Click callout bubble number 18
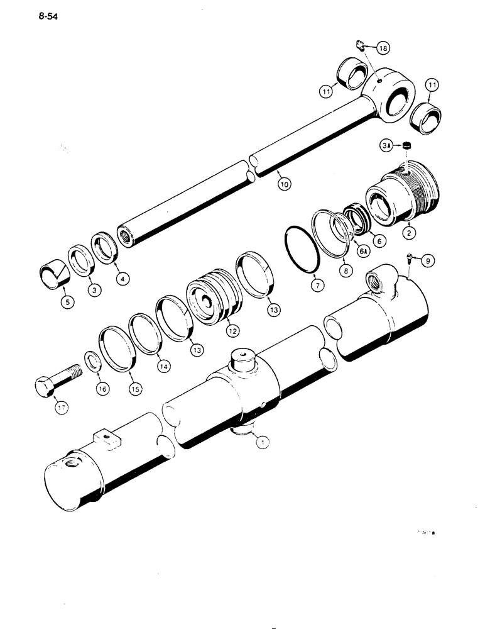(383, 47)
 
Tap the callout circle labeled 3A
(387, 146)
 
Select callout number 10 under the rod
(284, 184)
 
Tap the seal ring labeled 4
(105, 247)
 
